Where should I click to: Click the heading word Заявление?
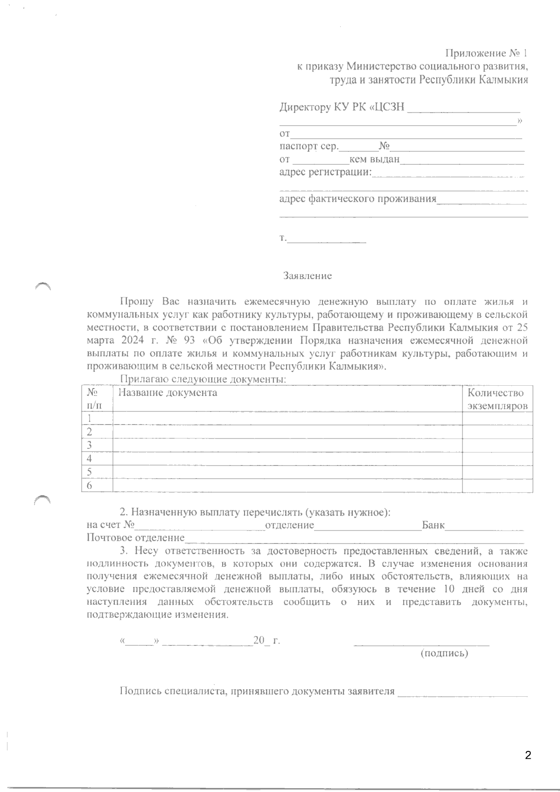[x=308, y=276]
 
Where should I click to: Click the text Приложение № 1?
[x=487, y=53]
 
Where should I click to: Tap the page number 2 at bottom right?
[x=528, y=756]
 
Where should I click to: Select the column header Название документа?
[x=168, y=392]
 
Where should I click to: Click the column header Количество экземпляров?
[x=497, y=399]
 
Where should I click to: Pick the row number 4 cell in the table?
[x=90, y=459]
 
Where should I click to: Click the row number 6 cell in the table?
[x=90, y=486]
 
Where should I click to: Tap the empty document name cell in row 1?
[x=287, y=418]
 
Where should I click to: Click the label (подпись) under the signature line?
[x=444, y=653]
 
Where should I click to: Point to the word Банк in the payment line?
[x=434, y=525]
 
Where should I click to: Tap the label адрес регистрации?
[x=325, y=173]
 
